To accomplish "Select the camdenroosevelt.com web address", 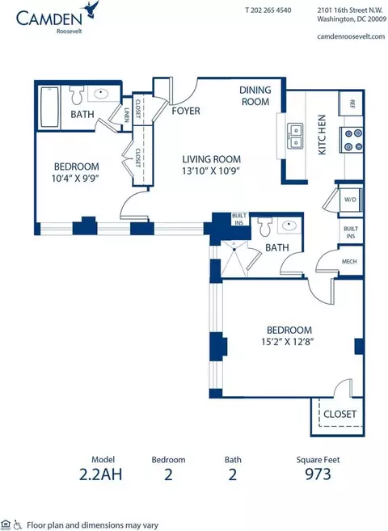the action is pos(351,36).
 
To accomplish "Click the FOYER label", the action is pos(186,111).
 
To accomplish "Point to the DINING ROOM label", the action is pos(255,95).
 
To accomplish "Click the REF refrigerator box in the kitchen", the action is pos(351,103).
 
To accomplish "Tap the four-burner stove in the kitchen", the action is pos(352,140).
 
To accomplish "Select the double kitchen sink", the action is pos(295,136).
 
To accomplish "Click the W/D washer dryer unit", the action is pos(351,200).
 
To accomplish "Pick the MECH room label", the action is pos(349,261).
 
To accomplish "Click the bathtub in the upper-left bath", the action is pos(50,107).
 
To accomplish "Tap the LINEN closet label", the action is pos(127,115).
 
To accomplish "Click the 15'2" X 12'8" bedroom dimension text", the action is pos(287,342).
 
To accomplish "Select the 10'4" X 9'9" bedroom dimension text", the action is pos(76,178).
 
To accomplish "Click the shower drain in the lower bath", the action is pos(234,249).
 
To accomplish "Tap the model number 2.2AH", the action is pos(100,474).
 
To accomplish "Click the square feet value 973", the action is pos(318,474).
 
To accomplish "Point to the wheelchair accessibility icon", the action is pos(18,525).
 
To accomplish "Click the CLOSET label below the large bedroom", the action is pos(340,414).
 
